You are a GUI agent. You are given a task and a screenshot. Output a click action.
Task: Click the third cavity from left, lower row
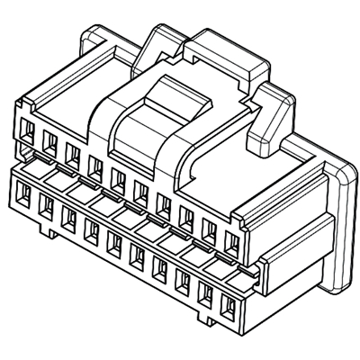pyautogui.click(x=68, y=216)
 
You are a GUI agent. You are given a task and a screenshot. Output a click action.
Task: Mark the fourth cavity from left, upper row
pyautogui.click(x=94, y=165)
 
